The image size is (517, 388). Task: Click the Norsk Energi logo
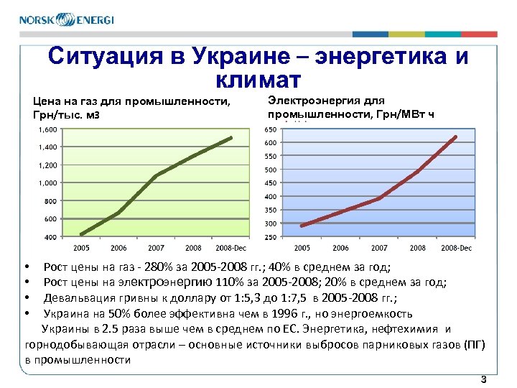point(67,20)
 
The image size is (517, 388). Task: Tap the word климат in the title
point(257,78)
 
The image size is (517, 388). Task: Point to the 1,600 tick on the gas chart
point(47,129)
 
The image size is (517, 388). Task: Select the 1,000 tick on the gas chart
point(47,183)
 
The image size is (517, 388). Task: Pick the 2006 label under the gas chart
point(118,249)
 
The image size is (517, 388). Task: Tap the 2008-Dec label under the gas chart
point(230,249)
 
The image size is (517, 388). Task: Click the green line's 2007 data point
point(155,175)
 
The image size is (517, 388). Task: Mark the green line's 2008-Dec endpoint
point(231,137)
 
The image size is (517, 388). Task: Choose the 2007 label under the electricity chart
point(378,249)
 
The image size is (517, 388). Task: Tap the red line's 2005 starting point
point(302,226)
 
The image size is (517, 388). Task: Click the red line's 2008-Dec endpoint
point(455,137)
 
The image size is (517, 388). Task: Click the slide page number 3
point(484,379)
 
